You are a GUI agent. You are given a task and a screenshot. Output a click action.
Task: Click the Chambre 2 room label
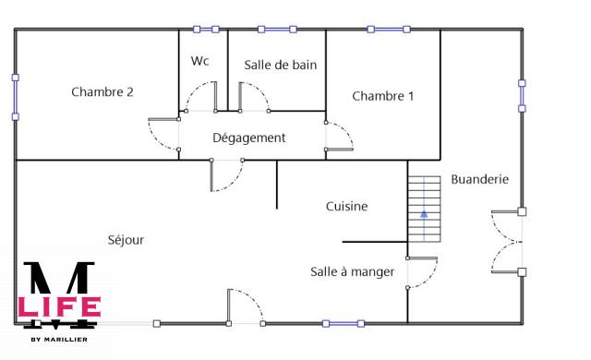click(103, 91)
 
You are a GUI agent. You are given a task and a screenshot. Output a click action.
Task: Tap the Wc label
click(199, 61)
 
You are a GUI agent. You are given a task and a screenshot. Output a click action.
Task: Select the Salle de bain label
click(280, 65)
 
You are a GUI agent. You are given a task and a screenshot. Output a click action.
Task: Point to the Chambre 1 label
click(383, 96)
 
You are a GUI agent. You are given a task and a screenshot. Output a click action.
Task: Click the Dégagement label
click(249, 138)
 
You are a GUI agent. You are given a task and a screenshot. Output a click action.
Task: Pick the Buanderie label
click(479, 179)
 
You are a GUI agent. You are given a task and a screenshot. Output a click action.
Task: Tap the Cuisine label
click(347, 206)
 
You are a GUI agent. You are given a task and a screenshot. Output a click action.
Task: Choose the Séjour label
click(126, 239)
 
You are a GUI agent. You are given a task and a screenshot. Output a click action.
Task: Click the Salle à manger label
click(353, 271)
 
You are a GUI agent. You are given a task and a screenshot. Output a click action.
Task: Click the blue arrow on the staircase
click(424, 214)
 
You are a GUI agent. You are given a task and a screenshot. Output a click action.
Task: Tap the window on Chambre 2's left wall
click(15, 97)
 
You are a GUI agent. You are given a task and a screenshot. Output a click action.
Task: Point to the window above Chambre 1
click(383, 30)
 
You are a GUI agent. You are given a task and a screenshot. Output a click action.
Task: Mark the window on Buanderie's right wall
click(522, 96)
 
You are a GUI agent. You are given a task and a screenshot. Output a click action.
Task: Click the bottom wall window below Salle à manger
click(343, 323)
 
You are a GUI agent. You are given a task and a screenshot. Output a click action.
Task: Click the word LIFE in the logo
click(59, 306)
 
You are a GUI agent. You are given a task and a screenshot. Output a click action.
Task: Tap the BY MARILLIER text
click(59, 339)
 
